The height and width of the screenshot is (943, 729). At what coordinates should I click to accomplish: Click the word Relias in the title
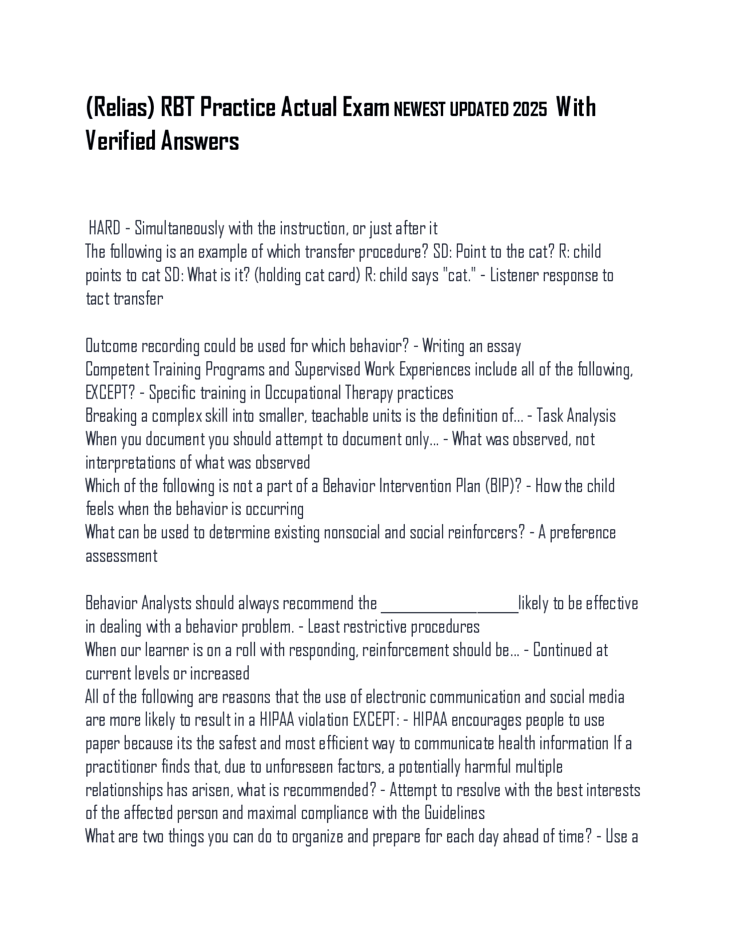pyautogui.click(x=123, y=108)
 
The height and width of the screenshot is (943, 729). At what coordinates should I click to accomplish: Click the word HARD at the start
pyautogui.click(x=105, y=229)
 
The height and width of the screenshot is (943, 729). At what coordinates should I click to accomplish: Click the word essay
pyautogui.click(x=503, y=346)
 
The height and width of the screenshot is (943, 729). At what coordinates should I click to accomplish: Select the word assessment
pyautogui.click(x=121, y=556)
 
